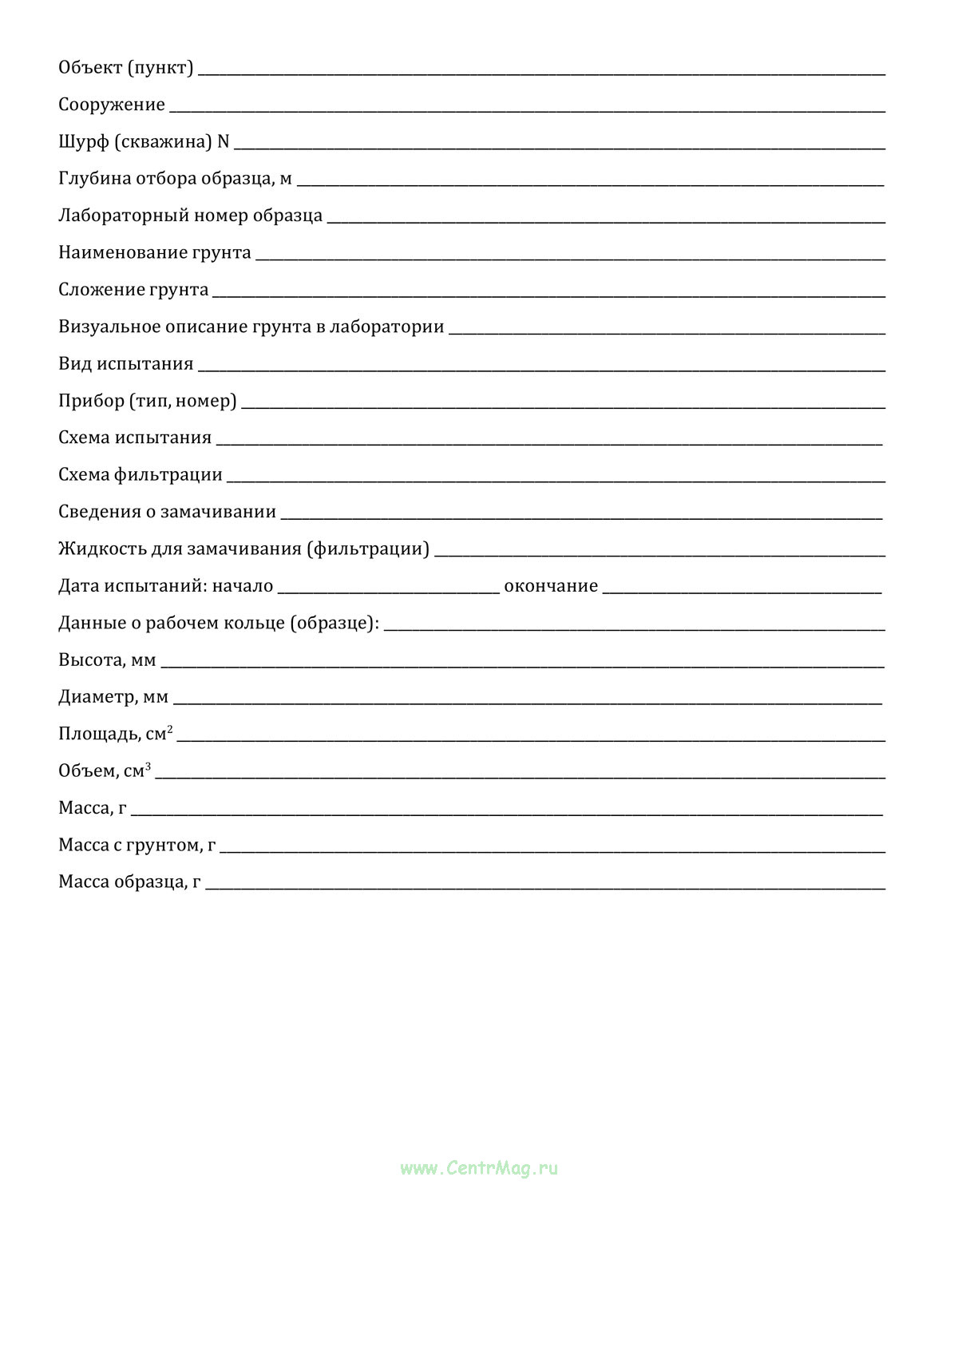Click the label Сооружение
(112, 105)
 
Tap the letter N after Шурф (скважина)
(224, 141)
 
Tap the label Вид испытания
(126, 363)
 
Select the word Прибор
(90, 401)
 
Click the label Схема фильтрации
(141, 474)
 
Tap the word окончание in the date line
(551, 586)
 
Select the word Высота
(91, 660)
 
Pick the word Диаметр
(97, 697)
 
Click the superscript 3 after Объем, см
(148, 766)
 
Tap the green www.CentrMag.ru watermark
(479, 1168)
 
